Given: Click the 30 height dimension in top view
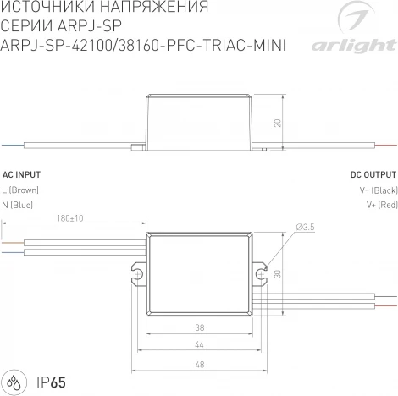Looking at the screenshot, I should point(277,272).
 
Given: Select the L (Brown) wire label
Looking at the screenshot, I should point(20,190).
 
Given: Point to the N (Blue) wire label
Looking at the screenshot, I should point(18,205).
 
